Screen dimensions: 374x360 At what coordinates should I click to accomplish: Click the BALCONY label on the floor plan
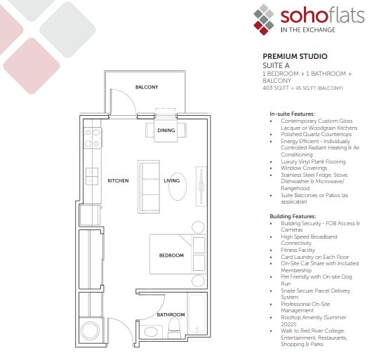pyautogui.click(x=147, y=87)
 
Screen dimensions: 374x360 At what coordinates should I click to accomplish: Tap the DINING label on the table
pyautogui.click(x=166, y=131)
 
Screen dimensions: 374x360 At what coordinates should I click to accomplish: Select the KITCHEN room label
pyautogui.click(x=118, y=180)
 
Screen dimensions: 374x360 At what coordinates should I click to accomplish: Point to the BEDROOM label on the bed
pyautogui.click(x=171, y=255)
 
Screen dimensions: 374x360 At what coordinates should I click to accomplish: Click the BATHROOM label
pyautogui.click(x=171, y=314)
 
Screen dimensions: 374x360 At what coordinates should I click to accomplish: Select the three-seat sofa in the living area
pyautogui.click(x=149, y=187)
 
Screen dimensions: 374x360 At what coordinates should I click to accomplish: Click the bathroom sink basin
pyautogui.click(x=151, y=331)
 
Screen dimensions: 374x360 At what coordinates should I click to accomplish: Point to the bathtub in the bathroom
pyautogui.click(x=196, y=314)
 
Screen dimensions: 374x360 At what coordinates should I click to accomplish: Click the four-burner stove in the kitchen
pyautogui.click(x=93, y=138)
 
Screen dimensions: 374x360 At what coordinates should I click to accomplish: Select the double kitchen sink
pyautogui.click(x=92, y=176)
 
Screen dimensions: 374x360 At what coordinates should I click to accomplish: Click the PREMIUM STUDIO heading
pyautogui.click(x=295, y=56)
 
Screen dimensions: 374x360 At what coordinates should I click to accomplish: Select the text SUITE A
pyautogui.click(x=276, y=65)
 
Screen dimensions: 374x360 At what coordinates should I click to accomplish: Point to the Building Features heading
pyautogui.click(x=293, y=216)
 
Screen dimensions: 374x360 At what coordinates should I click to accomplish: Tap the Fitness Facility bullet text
pyautogui.click(x=298, y=250)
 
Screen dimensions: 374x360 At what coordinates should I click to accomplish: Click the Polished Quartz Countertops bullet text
pyautogui.click(x=316, y=134)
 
